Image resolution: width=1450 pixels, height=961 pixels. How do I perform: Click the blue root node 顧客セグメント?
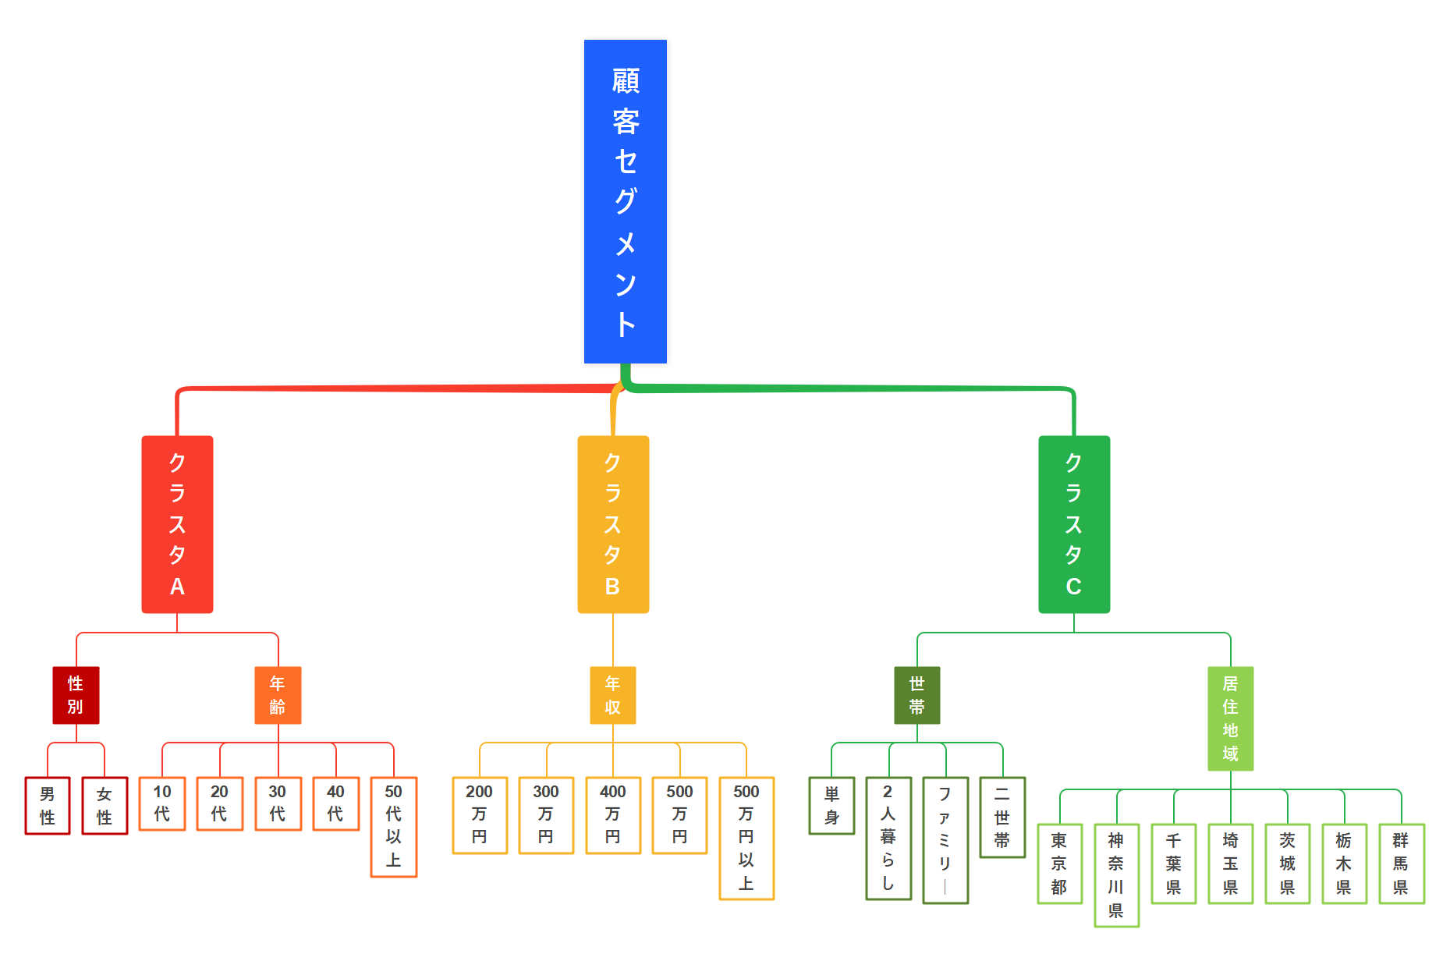[x=625, y=201]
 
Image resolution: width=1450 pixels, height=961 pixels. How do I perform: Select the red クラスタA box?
[x=177, y=524]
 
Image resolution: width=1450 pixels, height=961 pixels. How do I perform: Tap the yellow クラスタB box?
[x=612, y=524]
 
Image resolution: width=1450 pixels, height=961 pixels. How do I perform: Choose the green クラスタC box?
[x=1073, y=524]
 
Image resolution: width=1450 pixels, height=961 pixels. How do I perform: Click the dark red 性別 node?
[x=76, y=695]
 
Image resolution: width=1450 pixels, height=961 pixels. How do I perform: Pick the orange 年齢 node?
[x=278, y=695]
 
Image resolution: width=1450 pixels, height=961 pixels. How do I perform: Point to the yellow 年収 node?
[x=612, y=695]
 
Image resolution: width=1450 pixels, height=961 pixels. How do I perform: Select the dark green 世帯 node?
[x=916, y=695]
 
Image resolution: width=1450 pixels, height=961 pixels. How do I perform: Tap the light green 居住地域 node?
[x=1230, y=718]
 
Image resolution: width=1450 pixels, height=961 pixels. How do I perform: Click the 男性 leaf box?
[x=48, y=806]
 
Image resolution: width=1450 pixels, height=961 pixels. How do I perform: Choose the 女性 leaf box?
[x=105, y=806]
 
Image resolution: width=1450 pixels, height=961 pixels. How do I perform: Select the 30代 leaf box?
[x=278, y=803]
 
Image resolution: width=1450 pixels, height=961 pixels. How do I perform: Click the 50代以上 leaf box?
[x=393, y=827]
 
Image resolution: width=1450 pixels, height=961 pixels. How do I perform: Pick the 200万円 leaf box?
[x=480, y=815]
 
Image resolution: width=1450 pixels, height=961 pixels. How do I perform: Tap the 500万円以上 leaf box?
[x=746, y=838]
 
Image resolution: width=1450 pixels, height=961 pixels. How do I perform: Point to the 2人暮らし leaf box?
[x=888, y=838]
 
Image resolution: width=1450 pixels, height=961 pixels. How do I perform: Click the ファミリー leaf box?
[x=945, y=840]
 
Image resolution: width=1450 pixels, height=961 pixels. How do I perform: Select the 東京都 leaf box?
[x=1059, y=863]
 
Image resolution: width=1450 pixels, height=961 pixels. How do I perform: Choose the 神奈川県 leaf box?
[x=1116, y=875]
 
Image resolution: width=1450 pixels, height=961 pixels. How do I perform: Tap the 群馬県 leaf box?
[x=1401, y=863]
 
